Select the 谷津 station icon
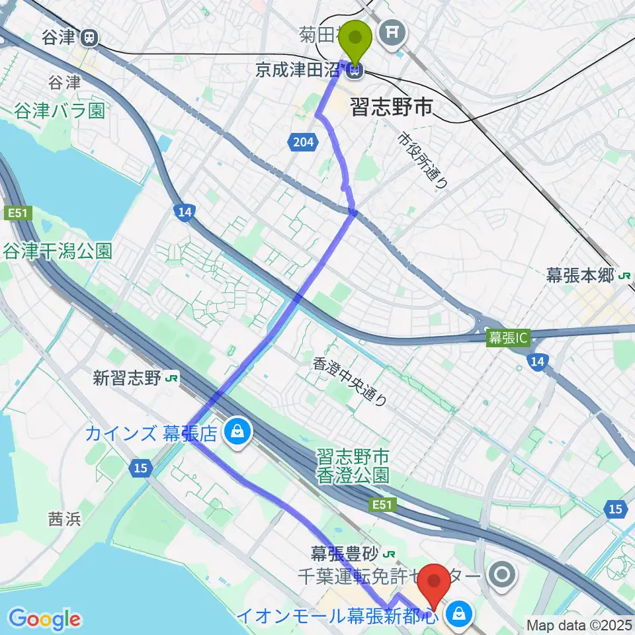[x=87, y=38]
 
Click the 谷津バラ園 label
[x=60, y=109]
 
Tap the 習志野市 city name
[x=391, y=108]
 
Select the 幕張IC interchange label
[x=508, y=337]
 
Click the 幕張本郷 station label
[x=580, y=276]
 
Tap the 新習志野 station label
[x=128, y=378]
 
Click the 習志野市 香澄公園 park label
[x=352, y=466]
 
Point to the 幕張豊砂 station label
[x=347, y=551]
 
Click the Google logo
[x=45, y=619]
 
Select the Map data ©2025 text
[x=579, y=624]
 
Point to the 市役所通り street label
[x=424, y=159]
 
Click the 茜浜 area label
[x=64, y=519]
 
